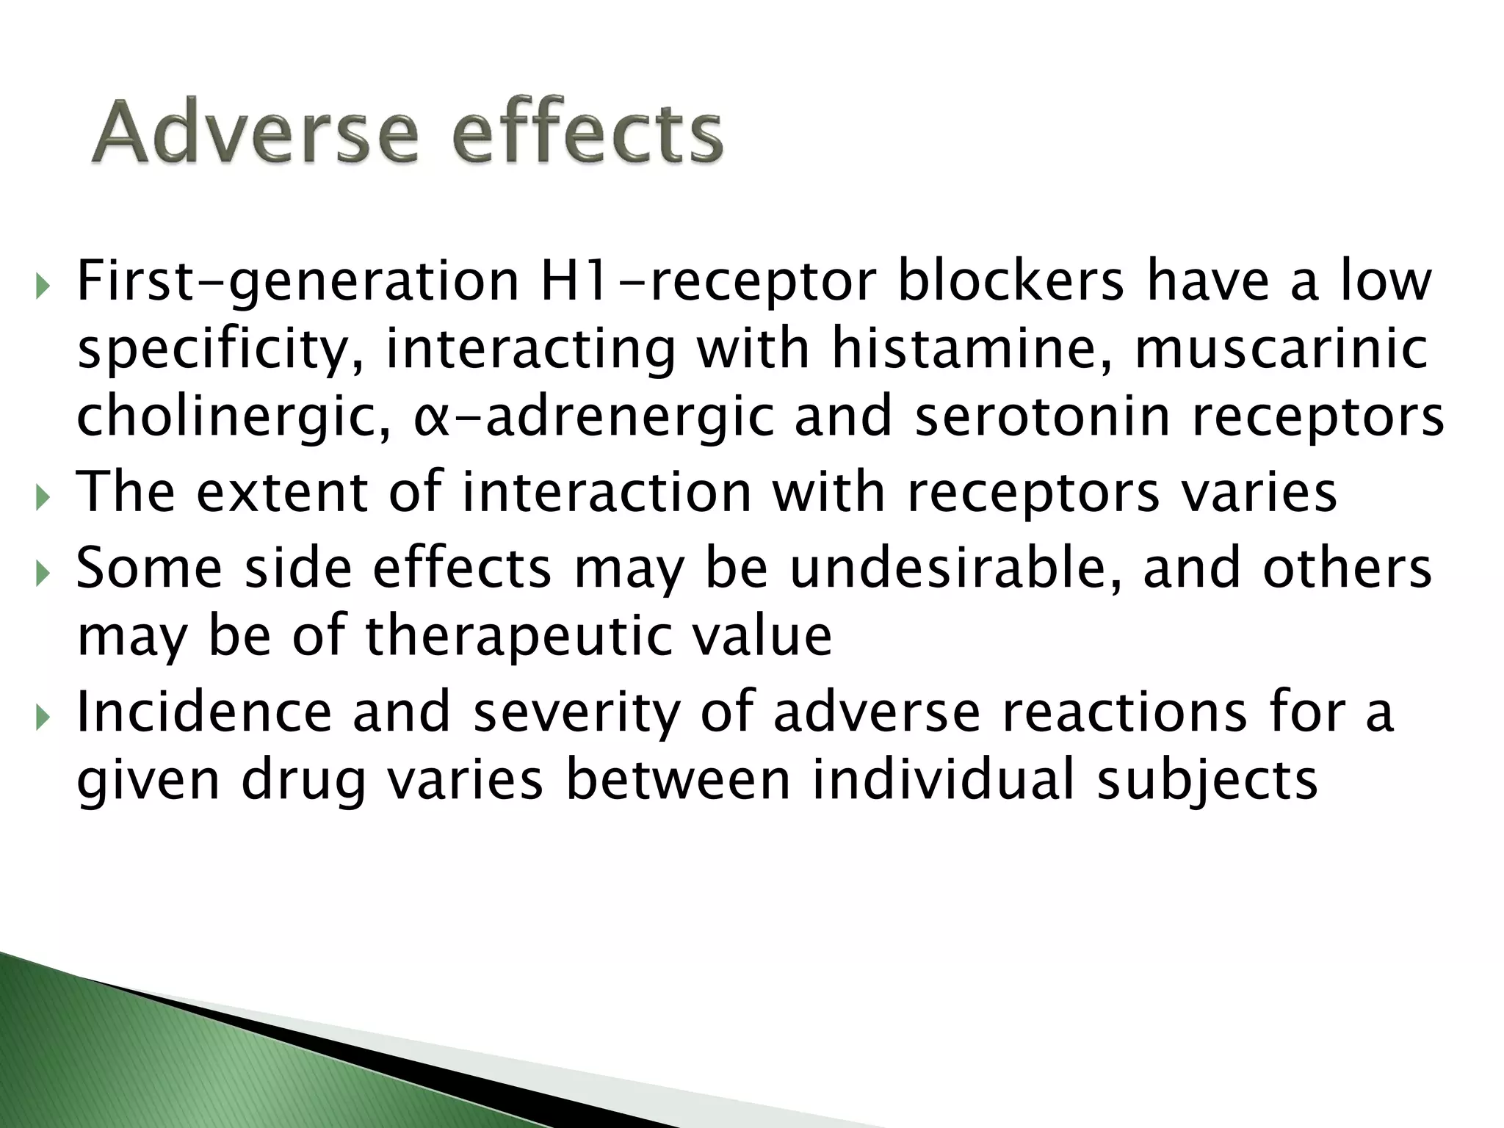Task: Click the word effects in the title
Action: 587,133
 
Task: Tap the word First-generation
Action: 298,283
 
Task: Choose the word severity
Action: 576,714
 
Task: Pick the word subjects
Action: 1208,781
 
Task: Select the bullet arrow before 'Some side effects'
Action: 40,571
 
